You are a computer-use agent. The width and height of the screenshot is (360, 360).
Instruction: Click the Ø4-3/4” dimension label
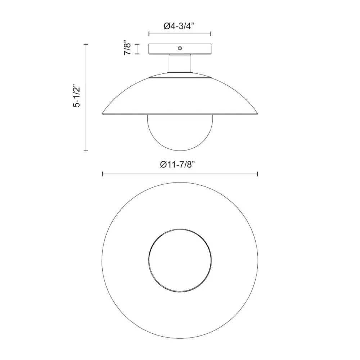(179, 26)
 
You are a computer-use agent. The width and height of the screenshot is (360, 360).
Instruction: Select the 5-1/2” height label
(76, 97)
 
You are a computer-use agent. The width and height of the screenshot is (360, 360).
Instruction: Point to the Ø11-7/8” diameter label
(177, 165)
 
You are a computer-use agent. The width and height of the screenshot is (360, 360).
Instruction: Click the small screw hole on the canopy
(180, 48)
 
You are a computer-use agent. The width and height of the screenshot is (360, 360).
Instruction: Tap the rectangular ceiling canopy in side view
(180, 49)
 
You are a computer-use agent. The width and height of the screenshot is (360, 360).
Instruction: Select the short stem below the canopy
(180, 64)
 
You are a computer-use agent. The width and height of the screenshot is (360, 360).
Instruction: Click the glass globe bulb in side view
(180, 132)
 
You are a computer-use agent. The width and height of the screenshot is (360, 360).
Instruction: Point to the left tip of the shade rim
(102, 113)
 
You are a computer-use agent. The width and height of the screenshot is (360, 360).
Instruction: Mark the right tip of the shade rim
(258, 113)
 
